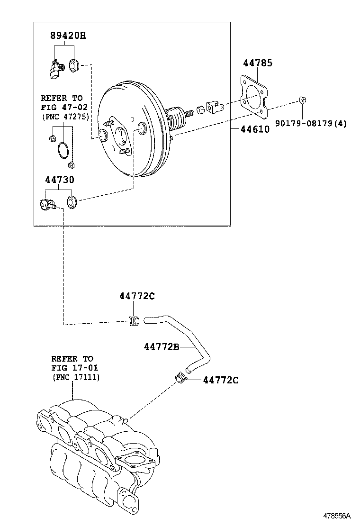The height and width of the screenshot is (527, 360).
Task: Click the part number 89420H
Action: pyautogui.click(x=68, y=36)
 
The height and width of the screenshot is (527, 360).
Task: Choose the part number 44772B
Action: pyautogui.click(x=161, y=347)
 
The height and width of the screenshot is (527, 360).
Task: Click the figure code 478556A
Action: pyautogui.click(x=337, y=515)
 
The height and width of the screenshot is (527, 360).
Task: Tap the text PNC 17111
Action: pyautogui.click(x=76, y=377)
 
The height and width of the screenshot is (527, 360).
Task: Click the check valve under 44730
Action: pyautogui.click(x=47, y=204)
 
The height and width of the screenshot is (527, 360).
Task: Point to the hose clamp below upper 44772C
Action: pyautogui.click(x=134, y=321)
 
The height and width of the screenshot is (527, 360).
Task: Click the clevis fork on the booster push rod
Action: pyautogui.click(x=215, y=107)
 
